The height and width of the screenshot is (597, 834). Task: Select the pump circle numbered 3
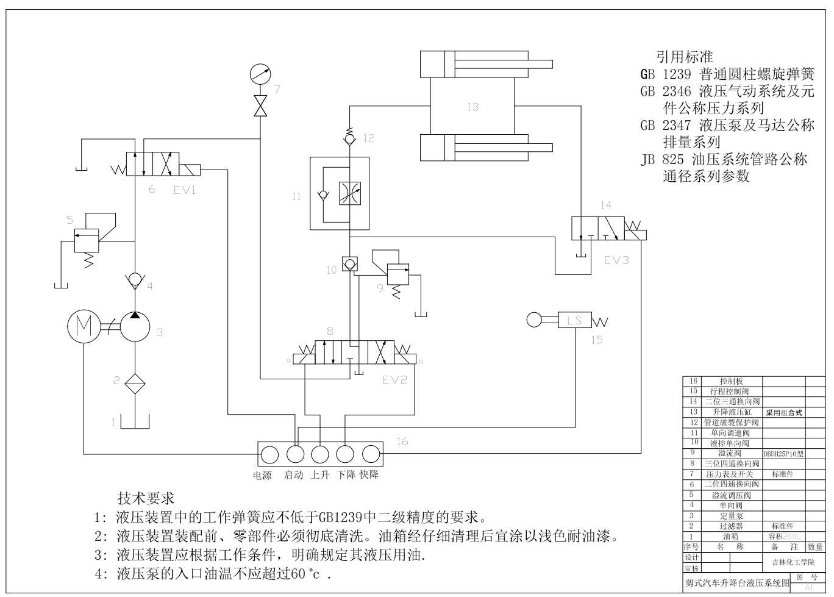pos(135,327)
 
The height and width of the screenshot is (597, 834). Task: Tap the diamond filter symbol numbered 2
pos(135,384)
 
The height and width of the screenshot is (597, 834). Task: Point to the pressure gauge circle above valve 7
pos(261,74)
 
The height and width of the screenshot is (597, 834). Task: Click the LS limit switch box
pos(574,320)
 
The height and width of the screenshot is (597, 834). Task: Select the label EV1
pos(184,190)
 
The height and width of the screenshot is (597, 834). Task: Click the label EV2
pos(394,380)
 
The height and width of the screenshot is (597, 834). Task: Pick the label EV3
pos(616,260)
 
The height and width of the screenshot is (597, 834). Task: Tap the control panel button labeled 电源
pos(269,455)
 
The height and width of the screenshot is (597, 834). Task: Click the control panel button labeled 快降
pos(371,455)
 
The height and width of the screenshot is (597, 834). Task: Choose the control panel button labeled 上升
pos(320,455)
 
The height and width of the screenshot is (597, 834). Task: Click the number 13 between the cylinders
pos(472,107)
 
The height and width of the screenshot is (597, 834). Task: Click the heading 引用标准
pos(684,57)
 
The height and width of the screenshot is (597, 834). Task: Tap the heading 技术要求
pos(146,498)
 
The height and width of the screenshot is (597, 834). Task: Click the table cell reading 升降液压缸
pos(731,412)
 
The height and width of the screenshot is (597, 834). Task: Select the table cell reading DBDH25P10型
pos(783,454)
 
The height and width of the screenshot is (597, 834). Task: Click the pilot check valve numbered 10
pos(349,264)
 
